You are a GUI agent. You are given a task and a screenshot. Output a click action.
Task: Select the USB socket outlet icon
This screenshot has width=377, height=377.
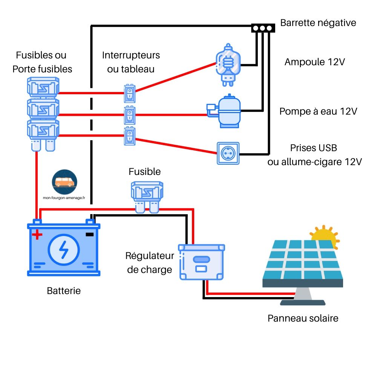228,153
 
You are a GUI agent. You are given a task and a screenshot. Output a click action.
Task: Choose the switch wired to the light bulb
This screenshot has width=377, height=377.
130,93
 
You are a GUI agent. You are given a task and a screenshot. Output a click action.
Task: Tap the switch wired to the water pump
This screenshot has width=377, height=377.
130,115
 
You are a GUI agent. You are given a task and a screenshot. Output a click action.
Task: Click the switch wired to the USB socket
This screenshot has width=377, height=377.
130,136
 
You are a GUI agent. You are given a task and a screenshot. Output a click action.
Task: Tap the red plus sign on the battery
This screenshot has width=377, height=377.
37,235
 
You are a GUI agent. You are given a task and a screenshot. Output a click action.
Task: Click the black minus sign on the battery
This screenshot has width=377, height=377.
89,235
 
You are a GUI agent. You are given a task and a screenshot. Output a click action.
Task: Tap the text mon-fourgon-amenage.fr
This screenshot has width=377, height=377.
64,197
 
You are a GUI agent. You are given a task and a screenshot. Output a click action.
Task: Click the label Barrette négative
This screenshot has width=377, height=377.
318,23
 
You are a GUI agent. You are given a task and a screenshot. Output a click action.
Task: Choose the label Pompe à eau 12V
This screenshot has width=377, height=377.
318,112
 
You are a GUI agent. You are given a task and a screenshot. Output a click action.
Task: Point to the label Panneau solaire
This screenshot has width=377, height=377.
303,318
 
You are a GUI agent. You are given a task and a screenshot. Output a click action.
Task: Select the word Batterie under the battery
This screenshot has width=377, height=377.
64,291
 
